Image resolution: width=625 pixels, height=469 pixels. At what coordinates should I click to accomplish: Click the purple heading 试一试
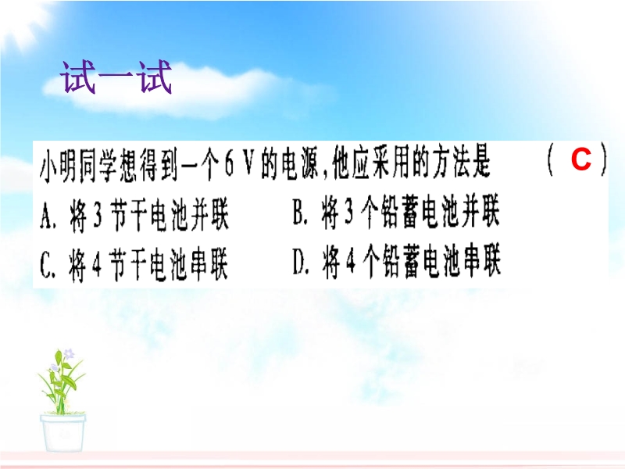point(116,77)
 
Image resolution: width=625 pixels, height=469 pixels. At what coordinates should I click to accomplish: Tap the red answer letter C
point(580,159)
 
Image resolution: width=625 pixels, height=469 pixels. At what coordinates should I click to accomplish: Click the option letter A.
point(46,217)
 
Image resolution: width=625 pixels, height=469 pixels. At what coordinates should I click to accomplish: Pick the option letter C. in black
point(46,266)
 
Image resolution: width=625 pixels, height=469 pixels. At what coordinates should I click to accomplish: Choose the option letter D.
point(299,263)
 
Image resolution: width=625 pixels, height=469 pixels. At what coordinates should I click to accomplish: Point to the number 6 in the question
point(229,165)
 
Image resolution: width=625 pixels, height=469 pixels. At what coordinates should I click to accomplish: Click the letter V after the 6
point(248,164)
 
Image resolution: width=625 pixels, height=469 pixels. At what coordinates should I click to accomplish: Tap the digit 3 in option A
point(97,217)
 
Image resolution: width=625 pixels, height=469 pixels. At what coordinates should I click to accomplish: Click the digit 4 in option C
point(96,266)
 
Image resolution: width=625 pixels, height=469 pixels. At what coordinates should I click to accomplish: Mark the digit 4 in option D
point(350,263)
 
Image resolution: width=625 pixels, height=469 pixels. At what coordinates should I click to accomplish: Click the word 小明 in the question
point(58,166)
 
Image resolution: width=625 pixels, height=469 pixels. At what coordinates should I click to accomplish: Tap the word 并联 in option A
point(209,216)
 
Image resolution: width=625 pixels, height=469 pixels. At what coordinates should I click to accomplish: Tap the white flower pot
point(62,433)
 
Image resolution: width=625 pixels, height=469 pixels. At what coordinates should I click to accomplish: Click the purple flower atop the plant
point(69,354)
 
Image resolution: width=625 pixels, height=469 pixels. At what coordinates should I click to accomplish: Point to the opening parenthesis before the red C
point(551,159)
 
